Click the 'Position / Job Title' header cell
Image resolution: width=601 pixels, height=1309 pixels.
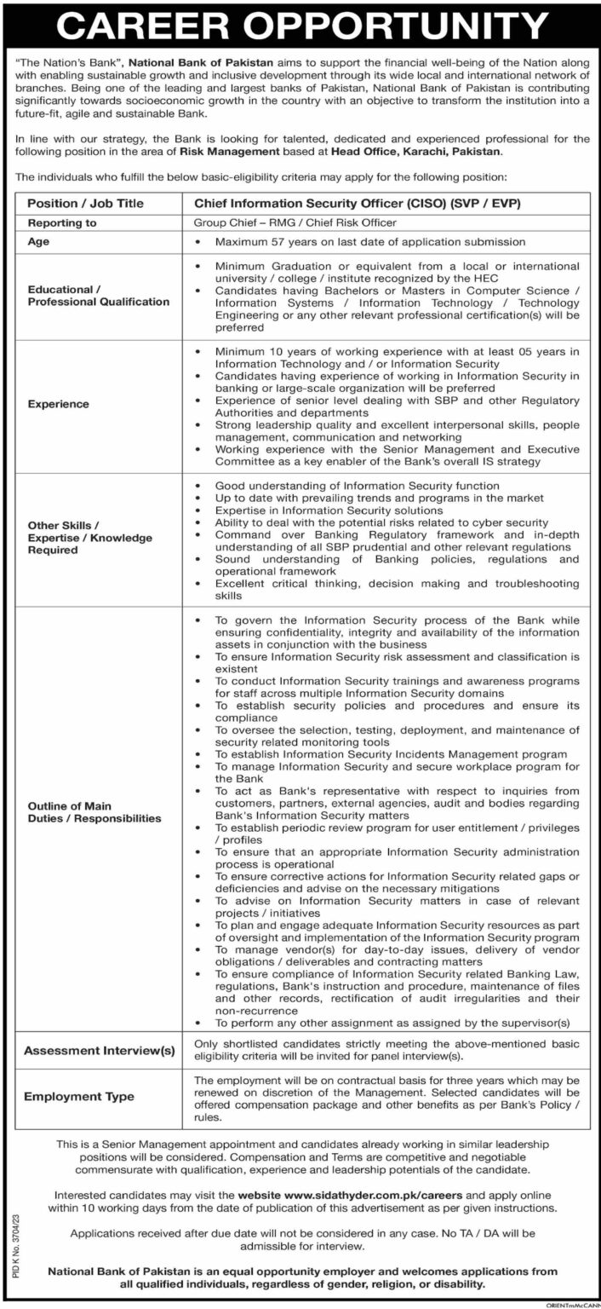86,204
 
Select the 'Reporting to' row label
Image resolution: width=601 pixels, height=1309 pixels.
63,222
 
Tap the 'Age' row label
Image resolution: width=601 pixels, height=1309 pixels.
39,242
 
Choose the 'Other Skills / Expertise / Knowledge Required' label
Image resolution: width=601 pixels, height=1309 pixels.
89,538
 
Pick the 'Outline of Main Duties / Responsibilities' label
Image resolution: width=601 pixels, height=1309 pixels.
94,812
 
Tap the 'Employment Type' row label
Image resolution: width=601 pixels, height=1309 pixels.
79,1096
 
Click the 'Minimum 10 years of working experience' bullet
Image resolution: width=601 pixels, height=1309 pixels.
397,351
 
